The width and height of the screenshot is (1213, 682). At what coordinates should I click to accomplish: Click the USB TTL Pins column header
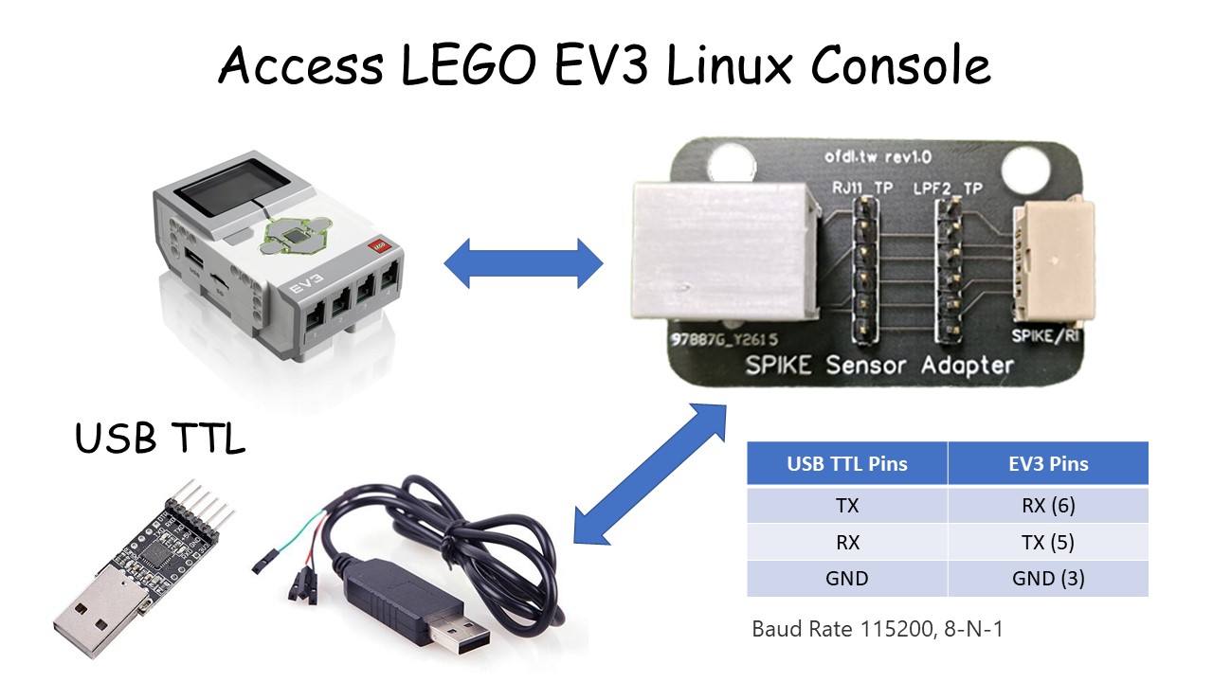click(x=846, y=464)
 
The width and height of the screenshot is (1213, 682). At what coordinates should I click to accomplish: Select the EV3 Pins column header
click(x=1048, y=464)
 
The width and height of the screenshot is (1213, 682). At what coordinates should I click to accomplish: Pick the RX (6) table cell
click(x=1048, y=506)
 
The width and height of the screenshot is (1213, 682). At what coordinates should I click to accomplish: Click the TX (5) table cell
click(x=1048, y=542)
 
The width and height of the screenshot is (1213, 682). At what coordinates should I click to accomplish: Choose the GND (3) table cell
click(x=1048, y=578)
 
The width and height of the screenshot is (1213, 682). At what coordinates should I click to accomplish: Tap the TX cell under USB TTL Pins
click(x=846, y=506)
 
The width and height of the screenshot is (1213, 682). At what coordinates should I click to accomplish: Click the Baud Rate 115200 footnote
click(x=877, y=628)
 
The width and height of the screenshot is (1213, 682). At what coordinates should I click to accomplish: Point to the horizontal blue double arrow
click(x=523, y=263)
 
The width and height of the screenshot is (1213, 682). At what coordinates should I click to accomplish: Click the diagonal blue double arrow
click(x=649, y=474)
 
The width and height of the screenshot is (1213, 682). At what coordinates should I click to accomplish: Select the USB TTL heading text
click(x=159, y=439)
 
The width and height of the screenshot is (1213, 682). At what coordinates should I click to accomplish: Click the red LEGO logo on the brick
click(x=377, y=246)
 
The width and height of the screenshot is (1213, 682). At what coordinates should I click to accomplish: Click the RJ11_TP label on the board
click(x=860, y=188)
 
